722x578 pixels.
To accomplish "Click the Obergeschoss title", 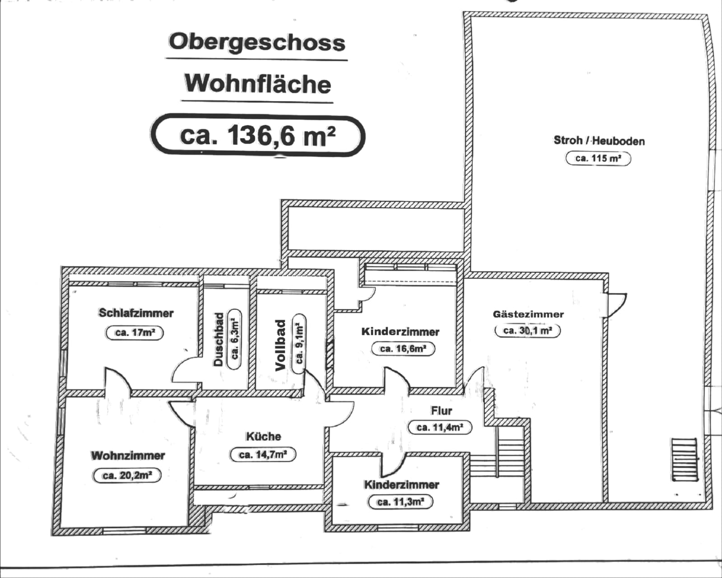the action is (257, 42).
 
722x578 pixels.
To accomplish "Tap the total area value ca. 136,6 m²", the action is (258, 135).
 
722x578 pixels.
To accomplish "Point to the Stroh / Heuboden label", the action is (599, 141).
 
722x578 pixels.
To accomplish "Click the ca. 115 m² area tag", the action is (598, 158).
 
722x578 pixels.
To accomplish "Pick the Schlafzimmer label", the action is (136, 313).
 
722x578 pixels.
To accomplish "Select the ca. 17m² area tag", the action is (135, 333).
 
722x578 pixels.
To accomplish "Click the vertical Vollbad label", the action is (281, 345).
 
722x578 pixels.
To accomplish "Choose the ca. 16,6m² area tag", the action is (403, 349).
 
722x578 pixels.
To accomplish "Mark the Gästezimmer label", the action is (528, 314).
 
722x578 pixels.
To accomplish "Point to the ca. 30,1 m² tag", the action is (528, 331).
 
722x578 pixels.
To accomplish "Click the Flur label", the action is (441, 411).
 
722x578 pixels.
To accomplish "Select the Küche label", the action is (264, 436).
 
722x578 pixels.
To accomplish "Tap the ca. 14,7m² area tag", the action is (263, 455).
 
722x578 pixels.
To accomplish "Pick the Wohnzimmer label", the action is (128, 455).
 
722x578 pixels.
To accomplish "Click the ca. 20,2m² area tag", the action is (127, 476).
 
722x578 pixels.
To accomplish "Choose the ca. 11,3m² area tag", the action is (401, 502).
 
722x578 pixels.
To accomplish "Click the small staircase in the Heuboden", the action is (684, 460).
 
